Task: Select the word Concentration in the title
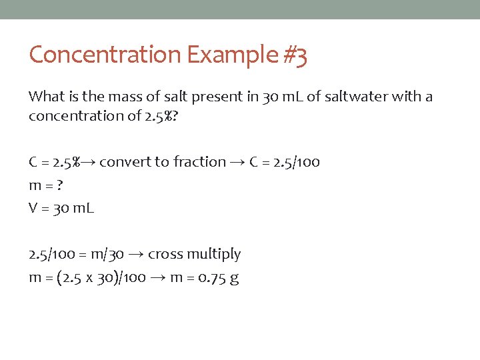click(x=105, y=55)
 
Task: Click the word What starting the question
click(x=47, y=97)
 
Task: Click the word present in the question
click(x=217, y=97)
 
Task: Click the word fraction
click(x=199, y=162)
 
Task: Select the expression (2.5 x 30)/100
click(x=102, y=277)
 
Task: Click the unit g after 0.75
click(x=233, y=279)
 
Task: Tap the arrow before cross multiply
click(x=135, y=255)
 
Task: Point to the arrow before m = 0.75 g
click(x=158, y=278)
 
